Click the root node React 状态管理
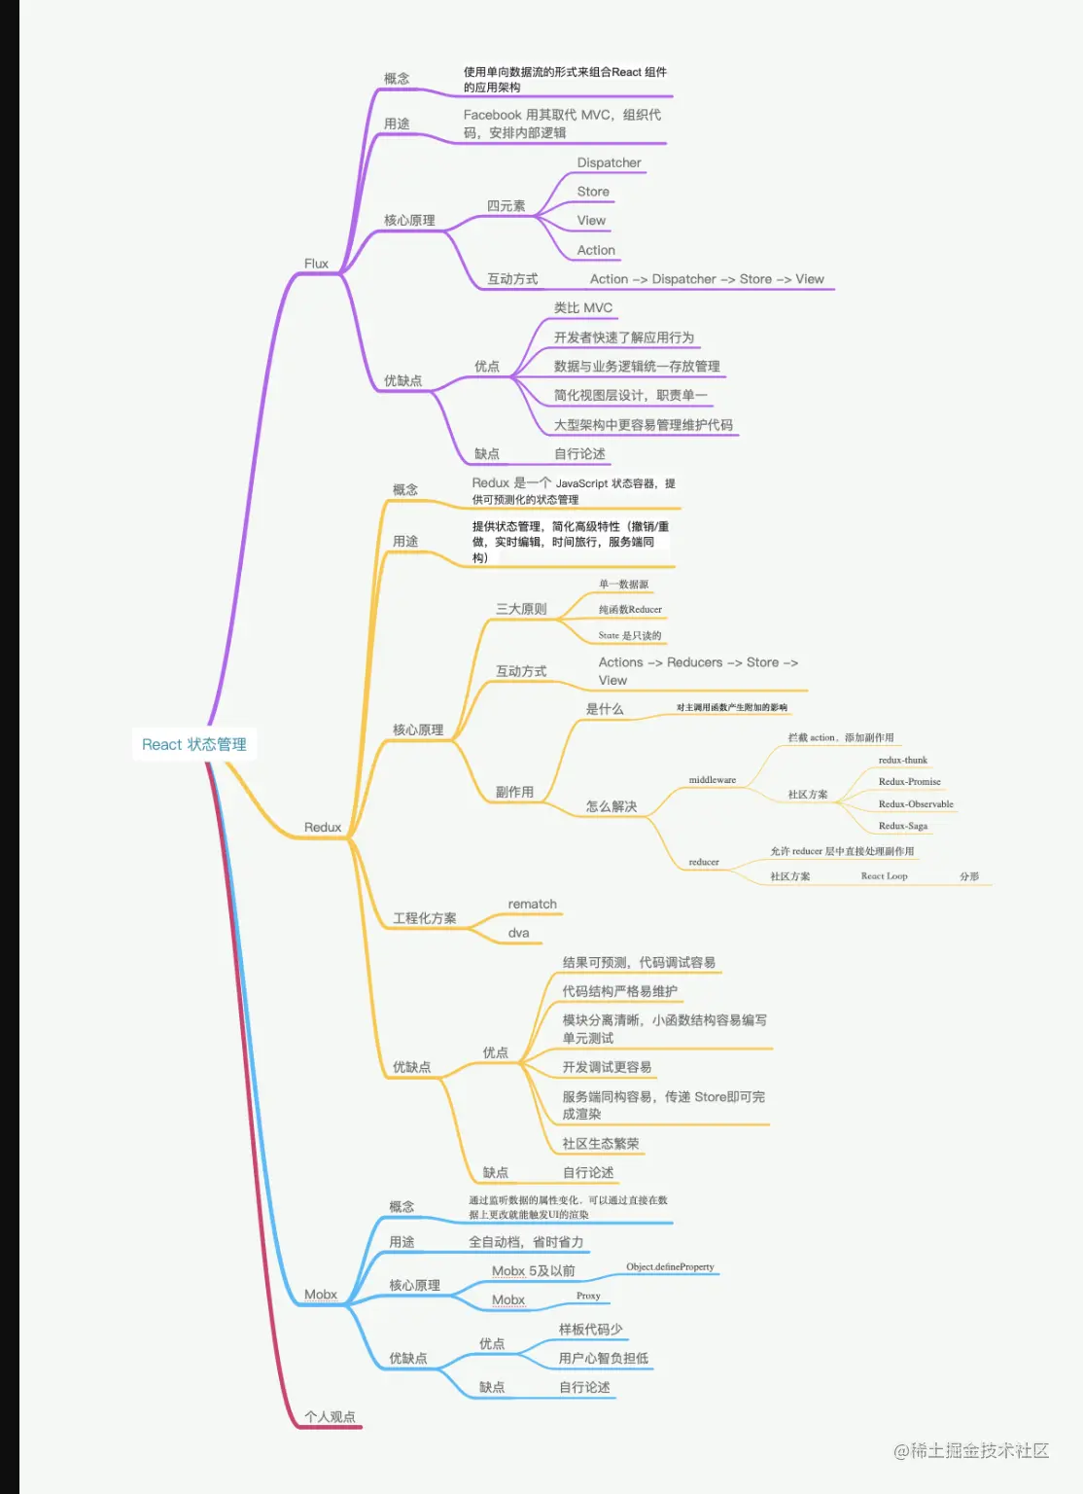tap(194, 744)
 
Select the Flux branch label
tap(316, 264)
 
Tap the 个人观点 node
tap(330, 1417)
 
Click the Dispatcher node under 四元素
tap(609, 162)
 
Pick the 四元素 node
tap(506, 206)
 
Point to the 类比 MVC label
tap(583, 307)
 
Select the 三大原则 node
tap(521, 609)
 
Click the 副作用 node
tap(514, 792)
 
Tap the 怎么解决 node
tap(611, 806)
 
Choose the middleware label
tap(712, 780)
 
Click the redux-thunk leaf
tap(902, 760)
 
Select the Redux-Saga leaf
tap(902, 826)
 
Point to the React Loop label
tap(884, 876)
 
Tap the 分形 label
tap(969, 876)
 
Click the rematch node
tap(532, 904)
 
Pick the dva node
tap(518, 933)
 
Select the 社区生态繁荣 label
tap(600, 1144)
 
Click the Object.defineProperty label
tap(670, 1266)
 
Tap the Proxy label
tap(588, 1296)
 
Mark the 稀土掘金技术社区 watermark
tap(971, 1451)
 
